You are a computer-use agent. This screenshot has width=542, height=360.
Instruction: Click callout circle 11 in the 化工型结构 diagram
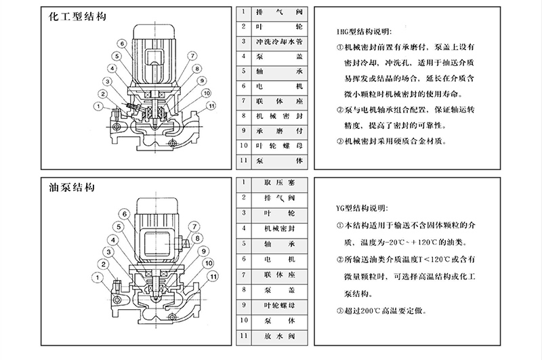click(211, 106)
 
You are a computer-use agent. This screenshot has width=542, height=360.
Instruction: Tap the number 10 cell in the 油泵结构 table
click(242, 321)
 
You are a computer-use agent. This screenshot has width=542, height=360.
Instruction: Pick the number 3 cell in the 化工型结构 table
click(242, 41)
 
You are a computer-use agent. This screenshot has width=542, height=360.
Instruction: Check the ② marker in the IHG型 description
click(340, 110)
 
